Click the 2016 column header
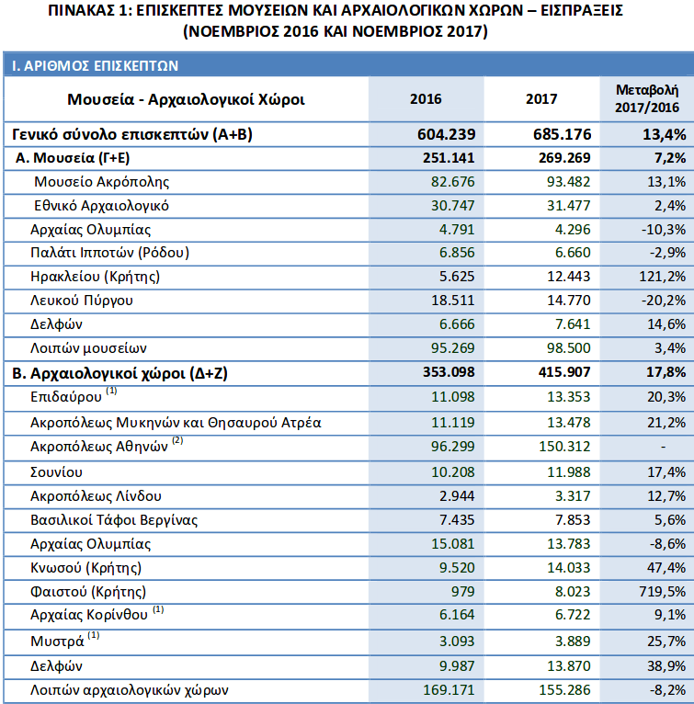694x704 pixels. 426,99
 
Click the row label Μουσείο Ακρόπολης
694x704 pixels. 102,182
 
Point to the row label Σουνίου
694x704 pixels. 57,471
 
